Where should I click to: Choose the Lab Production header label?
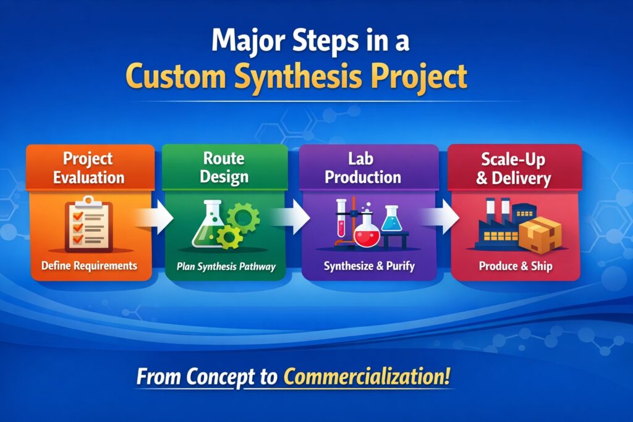363,168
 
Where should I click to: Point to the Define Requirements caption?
88,266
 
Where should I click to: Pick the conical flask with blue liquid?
390,219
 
